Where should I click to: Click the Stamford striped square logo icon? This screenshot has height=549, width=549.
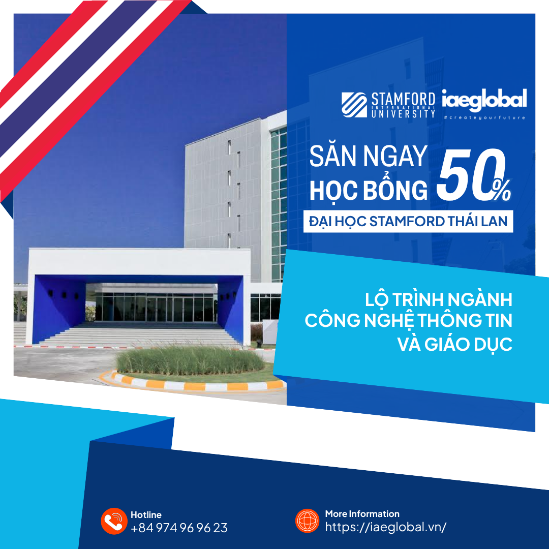point(354,105)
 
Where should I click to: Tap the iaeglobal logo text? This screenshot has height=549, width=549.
point(484,99)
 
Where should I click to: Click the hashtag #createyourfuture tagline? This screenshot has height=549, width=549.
point(484,117)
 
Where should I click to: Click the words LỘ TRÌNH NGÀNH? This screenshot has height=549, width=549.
point(438,299)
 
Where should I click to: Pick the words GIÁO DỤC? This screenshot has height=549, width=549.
point(468,344)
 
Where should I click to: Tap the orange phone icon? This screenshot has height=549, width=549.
point(114,521)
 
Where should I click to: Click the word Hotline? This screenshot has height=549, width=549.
point(146,514)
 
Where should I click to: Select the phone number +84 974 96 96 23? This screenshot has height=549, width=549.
point(179,528)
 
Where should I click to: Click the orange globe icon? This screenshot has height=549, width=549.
point(307,521)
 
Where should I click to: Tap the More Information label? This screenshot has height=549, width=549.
point(362,513)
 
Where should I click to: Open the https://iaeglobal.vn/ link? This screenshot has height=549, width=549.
point(385,527)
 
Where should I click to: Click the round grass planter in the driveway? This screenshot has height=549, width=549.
point(190,360)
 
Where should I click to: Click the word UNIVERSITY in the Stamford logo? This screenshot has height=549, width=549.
point(403,113)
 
